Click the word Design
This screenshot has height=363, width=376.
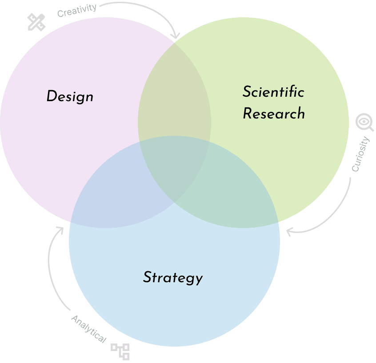coord(70,96)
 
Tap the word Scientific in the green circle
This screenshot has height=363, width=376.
coord(273,92)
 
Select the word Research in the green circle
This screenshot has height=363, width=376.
coord(274,113)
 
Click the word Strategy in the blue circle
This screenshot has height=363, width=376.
coord(172,277)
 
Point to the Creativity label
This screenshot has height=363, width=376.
coord(77,10)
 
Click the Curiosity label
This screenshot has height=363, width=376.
coord(360,154)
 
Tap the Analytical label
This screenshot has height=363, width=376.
coord(88,329)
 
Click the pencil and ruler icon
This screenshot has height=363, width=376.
coord(36,22)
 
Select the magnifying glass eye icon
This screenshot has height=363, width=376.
coord(364,122)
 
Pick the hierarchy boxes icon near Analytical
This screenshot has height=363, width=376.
coord(120,351)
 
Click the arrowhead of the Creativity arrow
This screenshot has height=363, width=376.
coord(176,36)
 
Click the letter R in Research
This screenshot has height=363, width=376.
coord(248,113)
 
